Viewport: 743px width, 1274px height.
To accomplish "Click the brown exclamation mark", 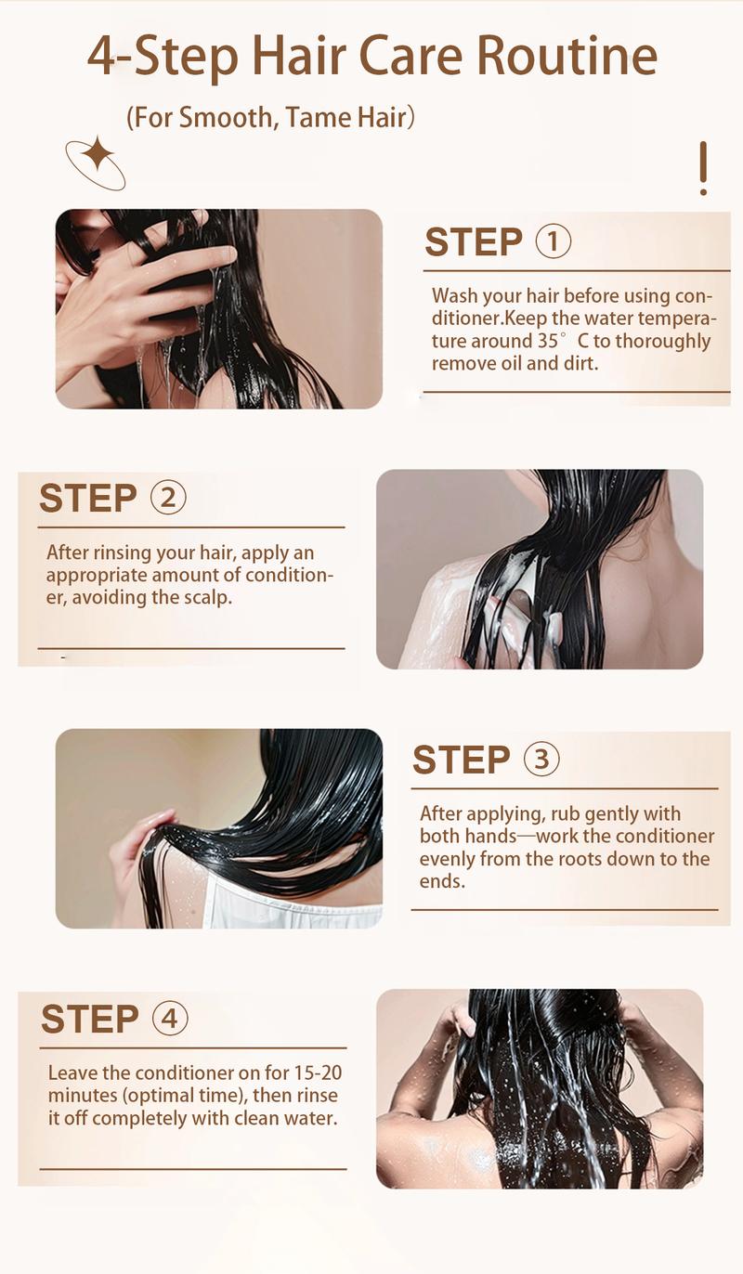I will tap(703, 168).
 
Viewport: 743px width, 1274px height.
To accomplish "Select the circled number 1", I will tap(554, 241).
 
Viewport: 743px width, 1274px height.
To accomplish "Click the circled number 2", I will tap(168, 498).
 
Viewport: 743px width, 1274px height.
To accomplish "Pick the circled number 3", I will tap(541, 760).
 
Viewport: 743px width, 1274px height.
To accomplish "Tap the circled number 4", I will tap(169, 1019).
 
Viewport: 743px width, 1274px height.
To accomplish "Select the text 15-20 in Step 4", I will tap(318, 1073).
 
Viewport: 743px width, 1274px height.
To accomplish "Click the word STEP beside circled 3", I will tap(462, 760).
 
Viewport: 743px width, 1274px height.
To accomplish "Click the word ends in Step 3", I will tap(441, 880).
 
